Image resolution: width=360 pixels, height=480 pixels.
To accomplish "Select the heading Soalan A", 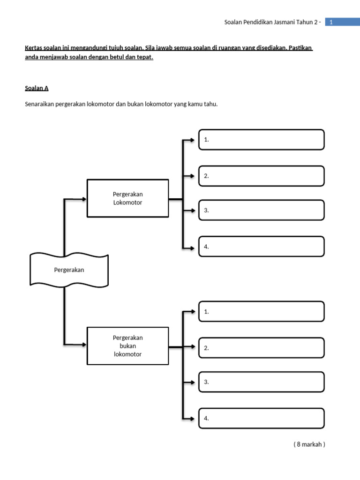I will coord(37,88).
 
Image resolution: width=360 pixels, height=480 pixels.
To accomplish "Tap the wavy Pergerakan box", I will coord(69,270).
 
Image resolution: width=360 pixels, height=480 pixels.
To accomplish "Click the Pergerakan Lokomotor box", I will coord(127,198).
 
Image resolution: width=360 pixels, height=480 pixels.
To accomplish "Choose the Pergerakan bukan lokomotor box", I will coord(127,346).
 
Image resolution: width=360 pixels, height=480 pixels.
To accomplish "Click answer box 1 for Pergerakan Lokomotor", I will coord(261,140).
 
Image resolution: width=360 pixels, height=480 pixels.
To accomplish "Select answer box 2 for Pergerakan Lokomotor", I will coord(261,176).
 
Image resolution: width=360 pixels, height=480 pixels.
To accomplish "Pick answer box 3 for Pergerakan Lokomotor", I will coord(261,210).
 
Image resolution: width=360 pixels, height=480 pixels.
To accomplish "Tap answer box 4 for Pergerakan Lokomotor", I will coord(261,247).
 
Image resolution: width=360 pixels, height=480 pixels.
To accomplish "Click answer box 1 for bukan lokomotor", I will coord(261,311).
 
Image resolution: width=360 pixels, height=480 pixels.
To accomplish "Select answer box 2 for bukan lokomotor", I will coord(261,347).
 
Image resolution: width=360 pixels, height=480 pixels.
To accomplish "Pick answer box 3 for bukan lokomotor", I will coord(261,382).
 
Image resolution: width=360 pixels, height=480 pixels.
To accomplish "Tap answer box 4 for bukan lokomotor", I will coord(261,418).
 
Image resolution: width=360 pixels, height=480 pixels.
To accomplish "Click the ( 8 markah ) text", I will coord(309,444).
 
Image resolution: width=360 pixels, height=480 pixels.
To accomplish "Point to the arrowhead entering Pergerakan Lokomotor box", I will coord(84,199).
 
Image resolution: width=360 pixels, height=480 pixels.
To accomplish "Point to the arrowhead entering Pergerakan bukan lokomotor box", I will coord(84,345).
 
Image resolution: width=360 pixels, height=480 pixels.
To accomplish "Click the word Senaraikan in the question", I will coord(39,104).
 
